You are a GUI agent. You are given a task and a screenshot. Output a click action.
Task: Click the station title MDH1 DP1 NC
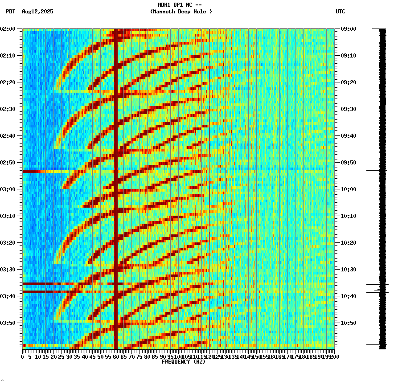click(x=180, y=5)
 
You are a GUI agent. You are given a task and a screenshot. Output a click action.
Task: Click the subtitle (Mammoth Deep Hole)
click(x=181, y=12)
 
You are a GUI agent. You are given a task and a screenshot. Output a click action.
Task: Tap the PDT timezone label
click(x=10, y=12)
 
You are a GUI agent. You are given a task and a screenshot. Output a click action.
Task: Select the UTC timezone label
click(x=340, y=12)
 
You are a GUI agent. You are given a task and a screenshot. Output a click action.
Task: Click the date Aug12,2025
click(x=37, y=12)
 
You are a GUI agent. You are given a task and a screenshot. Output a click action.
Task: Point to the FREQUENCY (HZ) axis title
click(x=184, y=362)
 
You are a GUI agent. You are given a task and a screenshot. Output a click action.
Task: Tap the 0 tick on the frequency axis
click(x=23, y=357)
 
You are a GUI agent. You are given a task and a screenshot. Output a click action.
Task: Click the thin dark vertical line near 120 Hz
click(x=209, y=134)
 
